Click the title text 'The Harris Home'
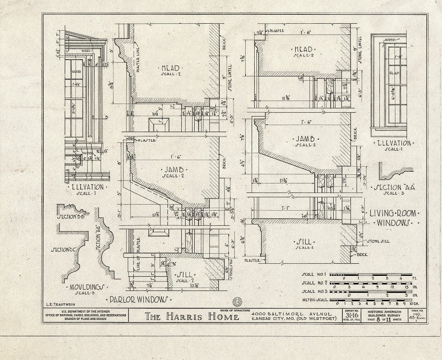(192, 317)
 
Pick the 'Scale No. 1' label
(314, 274)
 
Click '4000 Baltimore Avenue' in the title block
(292, 313)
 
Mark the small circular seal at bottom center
(237, 302)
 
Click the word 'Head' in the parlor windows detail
(170, 68)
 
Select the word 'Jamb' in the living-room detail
(305, 139)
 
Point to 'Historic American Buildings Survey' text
(385, 314)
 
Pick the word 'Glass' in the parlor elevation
(76, 72)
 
